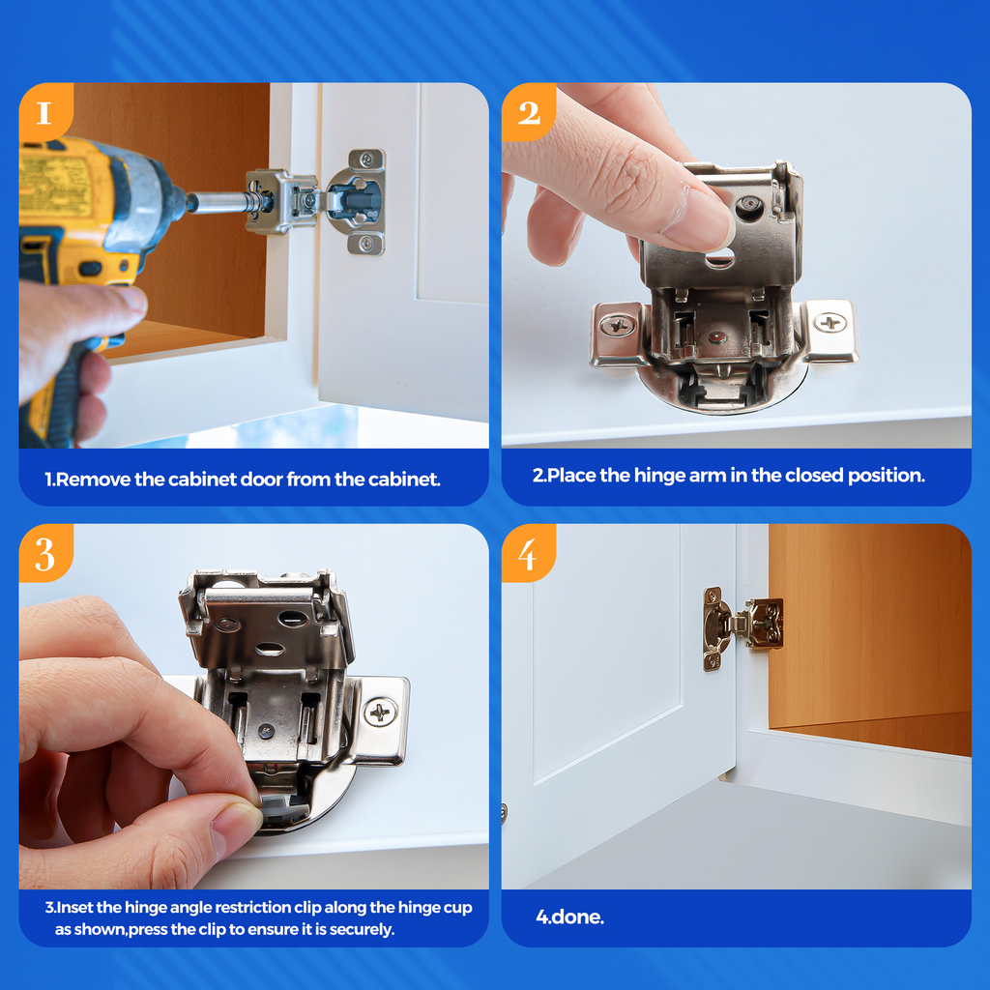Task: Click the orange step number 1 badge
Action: point(44,112)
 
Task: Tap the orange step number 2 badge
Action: point(528,112)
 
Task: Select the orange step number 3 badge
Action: point(44,554)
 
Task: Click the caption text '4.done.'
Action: point(569,917)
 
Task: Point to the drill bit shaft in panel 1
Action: point(218,202)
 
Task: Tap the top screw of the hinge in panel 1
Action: point(367,160)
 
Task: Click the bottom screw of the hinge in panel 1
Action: point(366,243)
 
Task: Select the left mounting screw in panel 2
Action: point(617,326)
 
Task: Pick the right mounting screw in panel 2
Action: point(830,322)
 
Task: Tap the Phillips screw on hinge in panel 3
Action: point(380,713)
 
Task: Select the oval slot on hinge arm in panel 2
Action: point(718,259)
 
